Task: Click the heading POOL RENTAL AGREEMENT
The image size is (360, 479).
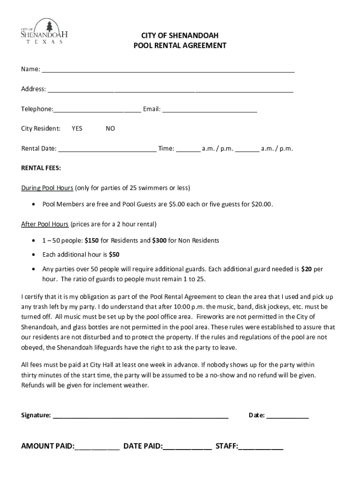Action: point(180,45)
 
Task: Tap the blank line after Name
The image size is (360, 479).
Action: point(168,70)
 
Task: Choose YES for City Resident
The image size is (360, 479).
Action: point(77,129)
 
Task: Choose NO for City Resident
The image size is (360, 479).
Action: point(110,129)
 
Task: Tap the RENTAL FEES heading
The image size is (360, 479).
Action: point(41,168)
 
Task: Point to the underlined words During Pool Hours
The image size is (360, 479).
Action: point(47,188)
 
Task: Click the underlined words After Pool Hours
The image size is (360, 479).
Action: point(45,224)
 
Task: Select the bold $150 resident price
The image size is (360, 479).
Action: point(92,240)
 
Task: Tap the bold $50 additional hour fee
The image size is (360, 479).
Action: point(114,255)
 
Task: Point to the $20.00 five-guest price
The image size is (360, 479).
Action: point(262,204)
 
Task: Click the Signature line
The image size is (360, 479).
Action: point(140,415)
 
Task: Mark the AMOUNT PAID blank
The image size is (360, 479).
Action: point(97,447)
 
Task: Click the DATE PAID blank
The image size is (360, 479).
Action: point(187,447)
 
